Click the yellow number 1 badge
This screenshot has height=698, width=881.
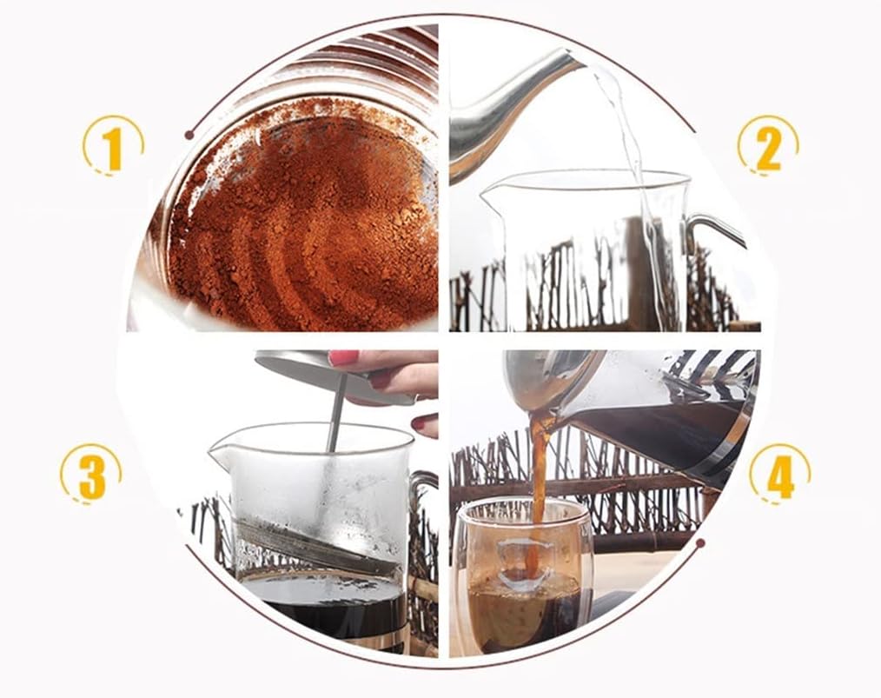(113, 146)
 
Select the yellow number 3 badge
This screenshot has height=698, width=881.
(90, 475)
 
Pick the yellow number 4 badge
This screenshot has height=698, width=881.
(778, 475)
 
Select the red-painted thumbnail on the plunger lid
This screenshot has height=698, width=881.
(343, 357)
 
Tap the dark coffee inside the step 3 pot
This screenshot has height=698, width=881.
(321, 604)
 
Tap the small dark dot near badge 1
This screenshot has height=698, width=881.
(189, 135)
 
